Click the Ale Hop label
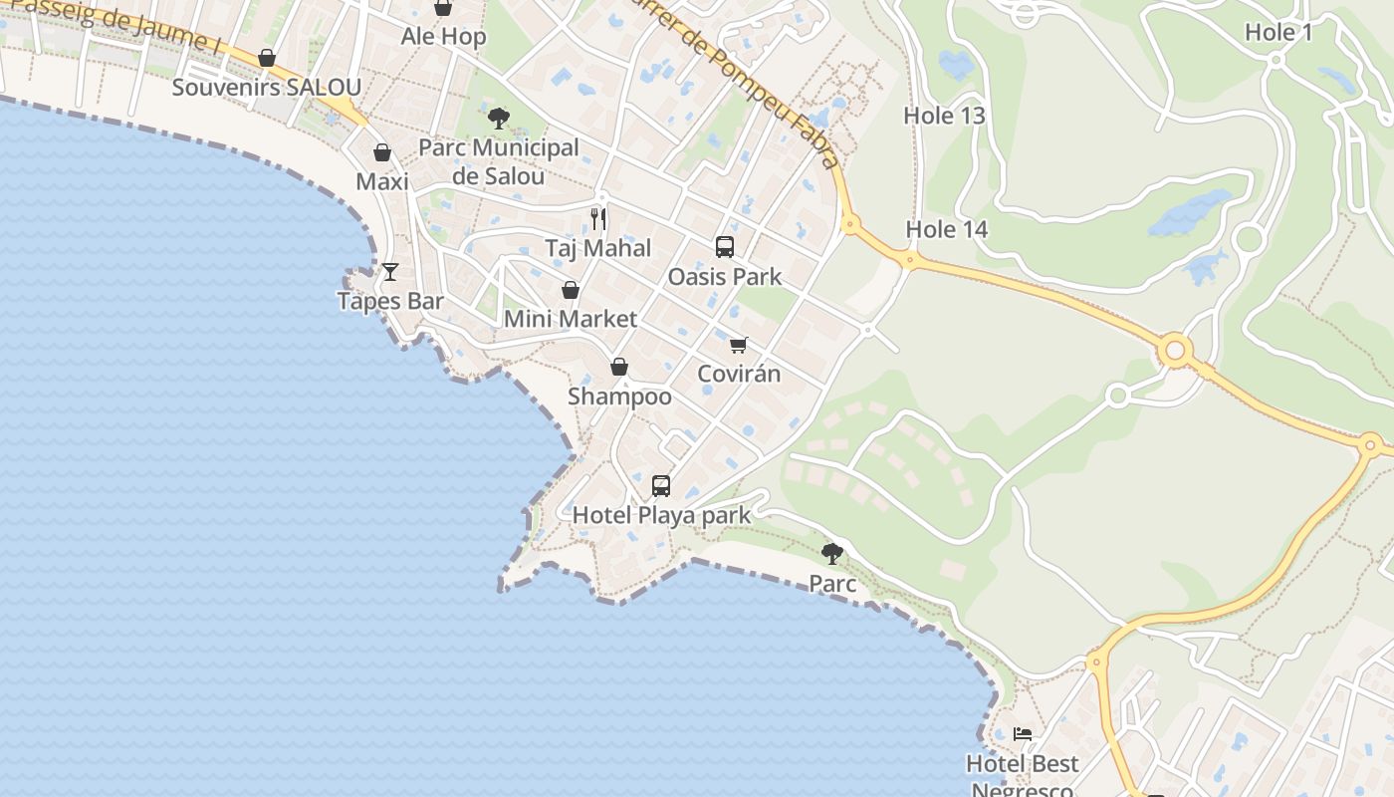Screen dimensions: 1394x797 click(443, 37)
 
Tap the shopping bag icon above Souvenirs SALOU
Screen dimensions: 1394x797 click(267, 59)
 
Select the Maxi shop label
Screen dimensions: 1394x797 click(382, 182)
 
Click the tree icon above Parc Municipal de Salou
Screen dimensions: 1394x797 click(499, 119)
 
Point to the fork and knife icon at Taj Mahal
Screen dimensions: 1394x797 click(598, 219)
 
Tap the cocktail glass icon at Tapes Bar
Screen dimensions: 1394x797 click(390, 271)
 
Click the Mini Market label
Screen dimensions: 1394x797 click(570, 319)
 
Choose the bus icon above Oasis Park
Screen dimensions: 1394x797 click(725, 247)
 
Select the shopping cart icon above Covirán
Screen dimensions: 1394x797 click(738, 345)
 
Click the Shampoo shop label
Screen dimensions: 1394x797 click(619, 397)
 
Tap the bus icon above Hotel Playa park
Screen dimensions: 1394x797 click(661, 486)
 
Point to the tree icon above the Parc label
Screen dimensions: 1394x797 click(832, 554)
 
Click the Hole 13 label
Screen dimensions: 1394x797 click(944, 116)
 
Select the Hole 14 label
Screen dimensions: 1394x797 click(946, 230)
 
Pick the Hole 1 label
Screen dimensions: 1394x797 click(1278, 32)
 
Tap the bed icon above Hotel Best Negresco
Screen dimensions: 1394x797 click(1023, 735)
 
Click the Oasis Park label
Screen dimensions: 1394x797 click(725, 276)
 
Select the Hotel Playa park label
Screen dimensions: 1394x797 click(661, 516)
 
